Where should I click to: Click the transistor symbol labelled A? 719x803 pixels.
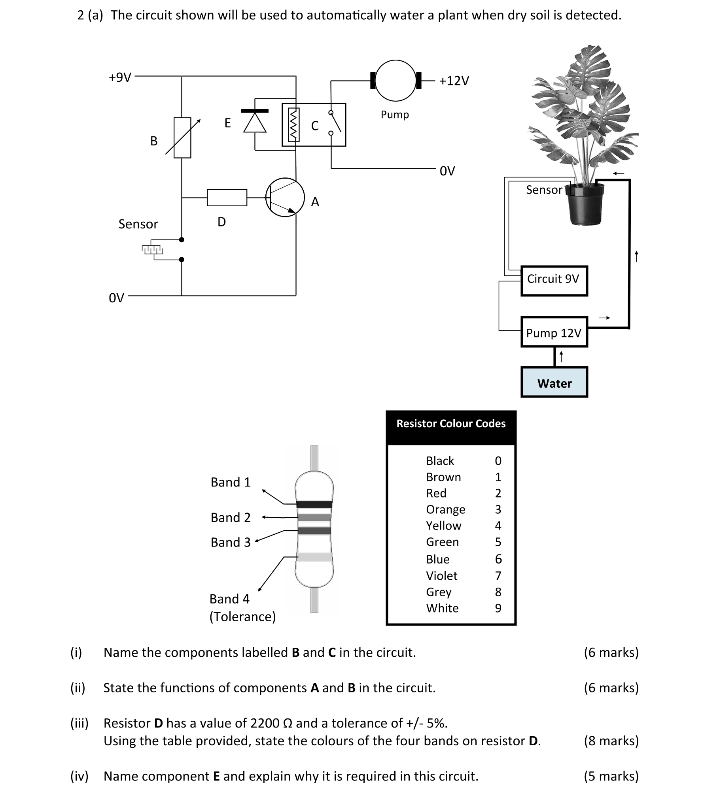284,197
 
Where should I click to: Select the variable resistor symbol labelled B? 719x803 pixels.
182,138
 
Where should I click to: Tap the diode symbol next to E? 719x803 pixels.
255,121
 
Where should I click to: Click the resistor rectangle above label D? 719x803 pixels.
227,197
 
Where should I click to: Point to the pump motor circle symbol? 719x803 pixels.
395,81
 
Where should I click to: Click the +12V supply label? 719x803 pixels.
454,81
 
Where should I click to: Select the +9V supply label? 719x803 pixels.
120,77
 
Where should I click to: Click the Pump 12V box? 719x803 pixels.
554,332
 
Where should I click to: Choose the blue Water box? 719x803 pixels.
554,382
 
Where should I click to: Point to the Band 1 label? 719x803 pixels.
231,482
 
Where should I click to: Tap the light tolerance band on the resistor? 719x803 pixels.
314,557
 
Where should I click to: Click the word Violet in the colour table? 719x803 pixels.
441,576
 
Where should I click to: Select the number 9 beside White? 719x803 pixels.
498,608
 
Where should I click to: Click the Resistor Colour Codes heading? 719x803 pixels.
451,424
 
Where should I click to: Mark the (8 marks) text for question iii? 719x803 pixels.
611,741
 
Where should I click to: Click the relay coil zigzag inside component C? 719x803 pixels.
293,124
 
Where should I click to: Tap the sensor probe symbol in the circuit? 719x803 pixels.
152,249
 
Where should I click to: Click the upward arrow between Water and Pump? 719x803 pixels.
561,357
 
